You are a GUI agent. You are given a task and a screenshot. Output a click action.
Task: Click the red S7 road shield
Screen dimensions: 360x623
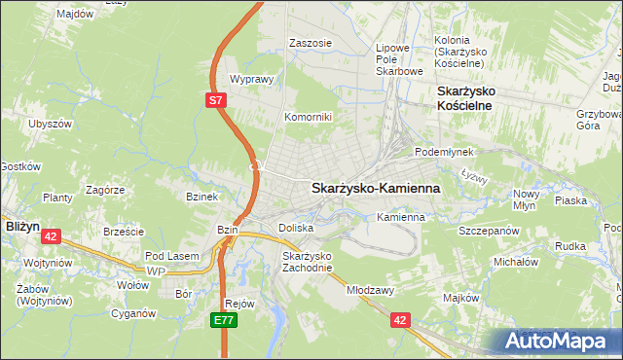click(217, 99)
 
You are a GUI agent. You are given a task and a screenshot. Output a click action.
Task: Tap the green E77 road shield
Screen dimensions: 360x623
click(225, 318)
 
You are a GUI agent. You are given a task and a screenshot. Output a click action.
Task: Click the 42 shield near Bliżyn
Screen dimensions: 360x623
click(52, 235)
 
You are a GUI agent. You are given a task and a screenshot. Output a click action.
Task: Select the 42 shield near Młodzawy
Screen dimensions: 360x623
click(399, 318)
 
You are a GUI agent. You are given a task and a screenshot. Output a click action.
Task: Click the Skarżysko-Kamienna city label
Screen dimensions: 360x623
click(376, 188)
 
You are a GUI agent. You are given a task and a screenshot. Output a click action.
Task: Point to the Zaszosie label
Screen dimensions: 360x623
click(311, 44)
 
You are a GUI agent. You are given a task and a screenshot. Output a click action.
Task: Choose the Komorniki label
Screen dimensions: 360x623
click(308, 117)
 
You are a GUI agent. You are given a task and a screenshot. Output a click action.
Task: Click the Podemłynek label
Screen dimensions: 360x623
click(443, 153)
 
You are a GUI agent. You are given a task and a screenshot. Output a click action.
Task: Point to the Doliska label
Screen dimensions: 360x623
click(295, 228)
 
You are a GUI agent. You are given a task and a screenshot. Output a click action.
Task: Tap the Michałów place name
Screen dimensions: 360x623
click(516, 262)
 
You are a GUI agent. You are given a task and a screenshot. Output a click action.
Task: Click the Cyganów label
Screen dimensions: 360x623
click(133, 314)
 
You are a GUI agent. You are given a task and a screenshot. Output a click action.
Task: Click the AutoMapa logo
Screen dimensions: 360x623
click(556, 342)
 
